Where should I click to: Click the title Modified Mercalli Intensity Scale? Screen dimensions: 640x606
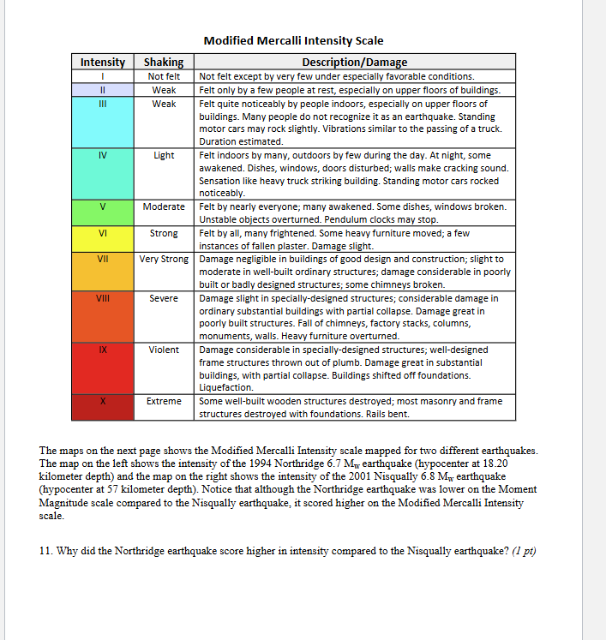tap(293, 40)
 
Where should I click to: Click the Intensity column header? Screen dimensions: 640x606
tap(102, 62)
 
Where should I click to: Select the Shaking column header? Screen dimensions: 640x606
tap(164, 62)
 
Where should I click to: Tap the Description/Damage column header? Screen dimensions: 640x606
tap(355, 62)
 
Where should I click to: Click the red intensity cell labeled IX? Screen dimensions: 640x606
tap(102, 368)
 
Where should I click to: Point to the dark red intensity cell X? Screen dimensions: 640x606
tap(102, 407)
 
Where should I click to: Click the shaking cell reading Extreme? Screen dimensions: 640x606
tap(164, 401)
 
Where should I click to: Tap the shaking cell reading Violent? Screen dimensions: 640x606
tap(164, 350)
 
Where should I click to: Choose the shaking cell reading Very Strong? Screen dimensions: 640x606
tap(164, 259)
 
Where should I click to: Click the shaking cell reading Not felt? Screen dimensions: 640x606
tap(164, 76)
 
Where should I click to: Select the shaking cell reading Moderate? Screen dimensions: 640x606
tap(164, 206)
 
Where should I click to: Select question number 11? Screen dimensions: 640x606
tap(45, 551)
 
